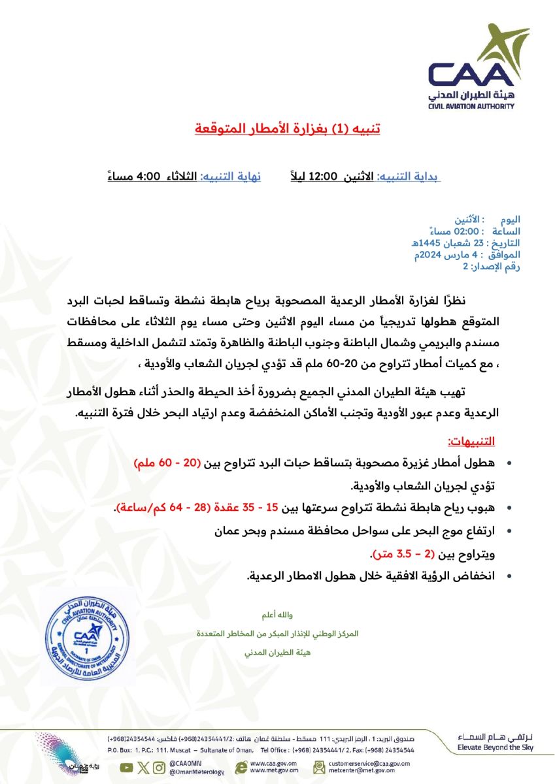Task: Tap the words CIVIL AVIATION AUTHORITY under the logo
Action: pyautogui.click(x=471, y=106)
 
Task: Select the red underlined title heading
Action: pyautogui.click(x=287, y=127)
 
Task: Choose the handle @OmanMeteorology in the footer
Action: pyautogui.click(x=197, y=772)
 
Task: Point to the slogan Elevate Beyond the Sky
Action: pyautogui.click(x=486, y=747)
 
